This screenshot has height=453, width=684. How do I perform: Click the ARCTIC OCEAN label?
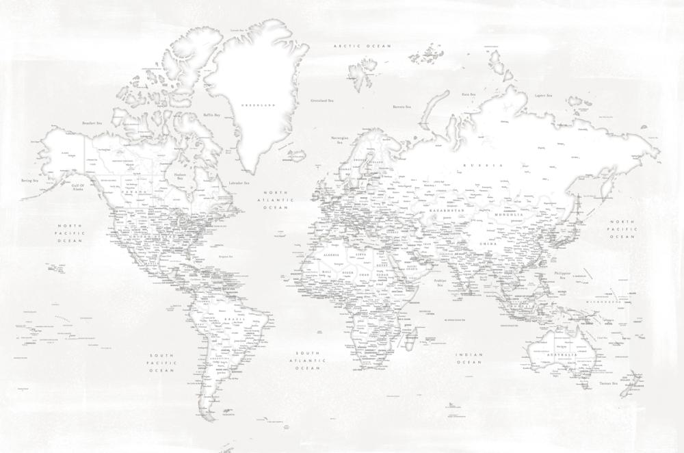tap(362, 46)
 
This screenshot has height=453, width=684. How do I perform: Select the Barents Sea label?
tap(402, 107)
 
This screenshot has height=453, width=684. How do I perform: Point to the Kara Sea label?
tap(469, 94)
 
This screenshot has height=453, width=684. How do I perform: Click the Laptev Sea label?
tap(544, 96)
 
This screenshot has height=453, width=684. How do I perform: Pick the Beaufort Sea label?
tap(92, 123)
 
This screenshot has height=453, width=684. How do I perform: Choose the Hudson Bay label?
tap(180, 175)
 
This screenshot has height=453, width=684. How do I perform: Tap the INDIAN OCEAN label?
tap(471, 358)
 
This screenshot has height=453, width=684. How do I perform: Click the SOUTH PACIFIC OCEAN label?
tap(162, 363)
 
